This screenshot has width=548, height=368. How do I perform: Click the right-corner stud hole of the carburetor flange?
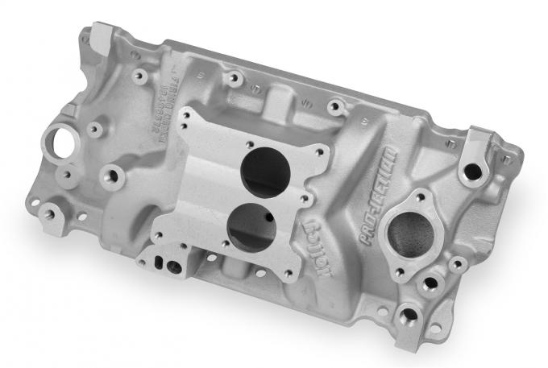[x=323, y=151]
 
